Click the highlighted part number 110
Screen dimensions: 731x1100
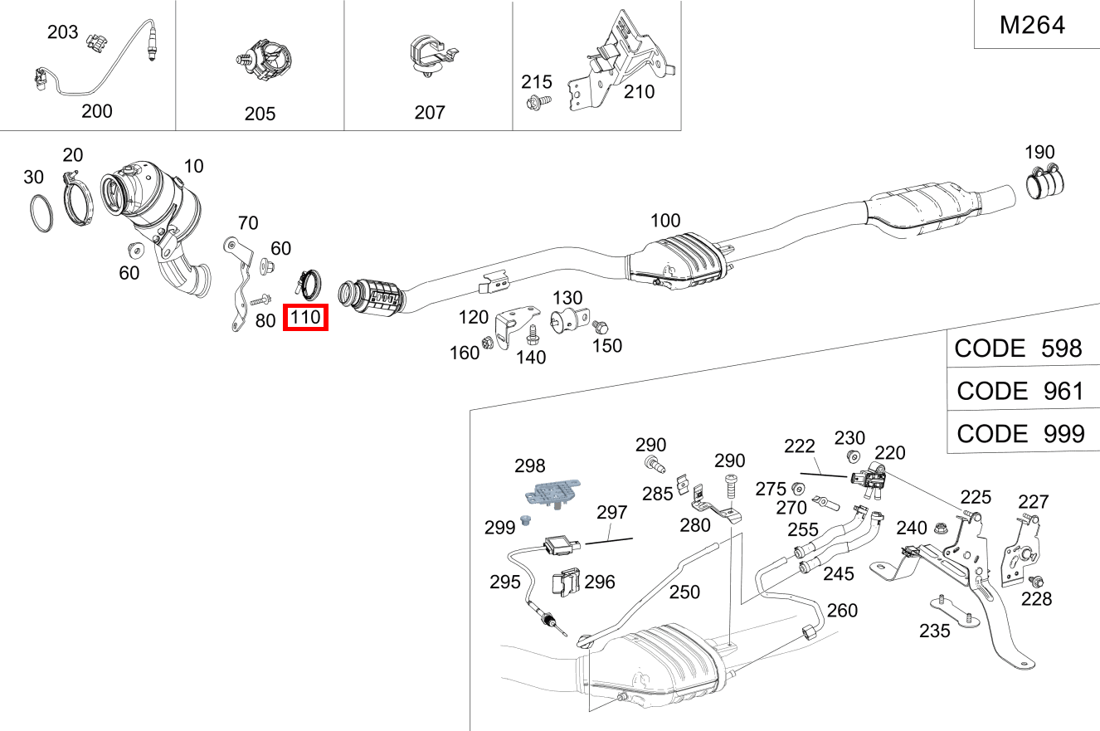point(306,317)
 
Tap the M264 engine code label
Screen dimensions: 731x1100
point(1032,26)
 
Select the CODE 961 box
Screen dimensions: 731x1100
point(1020,390)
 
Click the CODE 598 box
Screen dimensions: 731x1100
point(1019,348)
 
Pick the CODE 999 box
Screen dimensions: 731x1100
point(1020,433)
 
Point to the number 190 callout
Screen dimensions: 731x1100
point(1039,152)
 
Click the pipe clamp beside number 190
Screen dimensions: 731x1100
point(1048,183)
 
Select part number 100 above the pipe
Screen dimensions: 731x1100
point(664,221)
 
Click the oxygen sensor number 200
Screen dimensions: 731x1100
point(97,111)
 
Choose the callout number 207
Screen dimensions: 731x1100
point(430,112)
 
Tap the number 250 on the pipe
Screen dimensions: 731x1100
point(684,592)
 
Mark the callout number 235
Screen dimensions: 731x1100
point(935,630)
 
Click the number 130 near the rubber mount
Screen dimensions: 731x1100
point(567,298)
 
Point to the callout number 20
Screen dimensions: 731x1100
point(73,155)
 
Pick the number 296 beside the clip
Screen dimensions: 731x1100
point(599,582)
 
